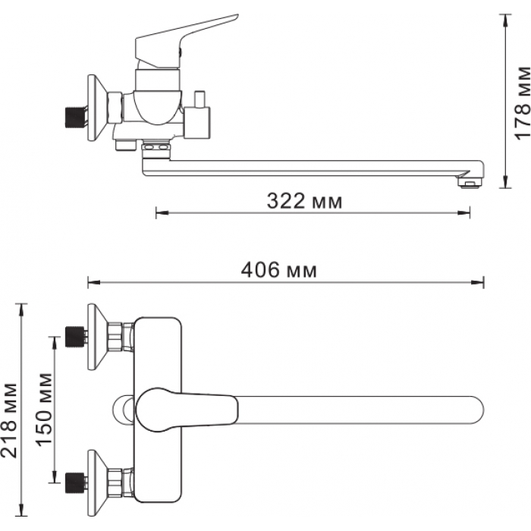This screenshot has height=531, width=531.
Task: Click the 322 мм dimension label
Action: pos(304,201)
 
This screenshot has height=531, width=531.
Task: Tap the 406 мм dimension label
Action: pos(278,270)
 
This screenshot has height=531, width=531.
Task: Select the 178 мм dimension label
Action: pos(522,102)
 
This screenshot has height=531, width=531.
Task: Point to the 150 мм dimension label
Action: pos(44,410)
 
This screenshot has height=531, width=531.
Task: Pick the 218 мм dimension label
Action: pos(9,420)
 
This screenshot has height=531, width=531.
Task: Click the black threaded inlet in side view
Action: pos(75,117)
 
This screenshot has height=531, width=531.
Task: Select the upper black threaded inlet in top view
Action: pos(74,337)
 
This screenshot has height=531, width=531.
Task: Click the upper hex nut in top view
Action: pos(115,337)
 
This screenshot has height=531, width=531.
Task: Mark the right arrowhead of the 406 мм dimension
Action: pos(479,281)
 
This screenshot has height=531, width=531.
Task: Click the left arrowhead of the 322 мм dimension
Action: pos(162,212)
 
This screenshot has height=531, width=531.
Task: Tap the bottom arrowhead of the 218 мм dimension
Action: pos(22,510)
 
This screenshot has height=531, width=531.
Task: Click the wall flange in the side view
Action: pos(97,108)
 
